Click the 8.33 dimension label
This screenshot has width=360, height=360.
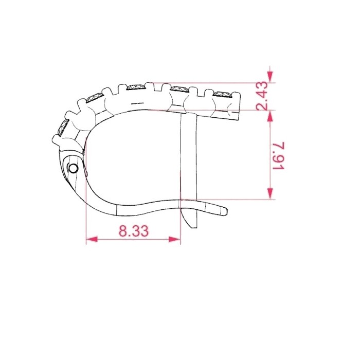pyautogui.click(x=134, y=230)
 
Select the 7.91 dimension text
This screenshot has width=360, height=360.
pyautogui.click(x=279, y=156)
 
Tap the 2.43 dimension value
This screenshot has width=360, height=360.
pyautogui.click(x=262, y=96)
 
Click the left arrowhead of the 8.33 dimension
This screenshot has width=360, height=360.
pyautogui.click(x=92, y=239)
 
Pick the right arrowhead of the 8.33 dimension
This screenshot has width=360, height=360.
pyautogui.click(x=174, y=239)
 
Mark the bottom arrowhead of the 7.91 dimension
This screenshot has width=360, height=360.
pyautogui.click(x=270, y=193)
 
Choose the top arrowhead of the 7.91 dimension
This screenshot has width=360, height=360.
pyautogui.click(x=270, y=116)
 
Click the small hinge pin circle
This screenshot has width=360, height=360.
pyautogui.click(x=73, y=169)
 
